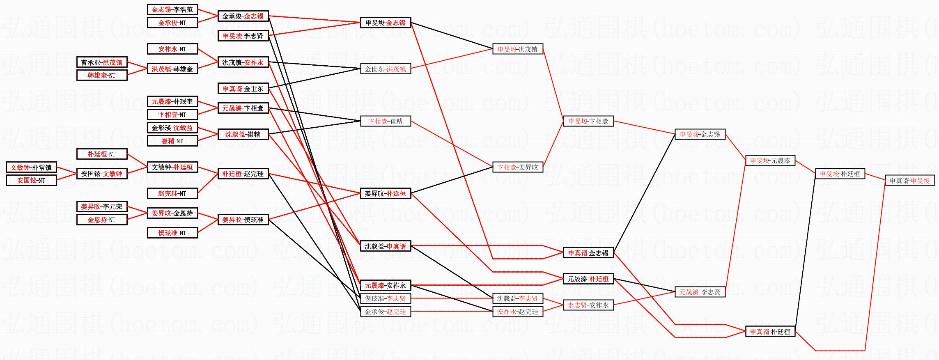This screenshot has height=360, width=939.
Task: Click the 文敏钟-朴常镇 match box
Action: pyautogui.click(x=31, y=167)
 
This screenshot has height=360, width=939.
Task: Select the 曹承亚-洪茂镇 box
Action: pyautogui.click(x=102, y=62)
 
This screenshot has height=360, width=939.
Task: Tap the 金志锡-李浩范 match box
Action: pyautogui.click(x=172, y=9)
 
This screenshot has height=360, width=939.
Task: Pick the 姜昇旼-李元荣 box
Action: pyautogui.click(x=102, y=206)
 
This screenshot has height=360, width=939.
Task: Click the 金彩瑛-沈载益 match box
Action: pyautogui.click(x=172, y=128)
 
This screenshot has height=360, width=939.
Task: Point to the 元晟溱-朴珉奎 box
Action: pyautogui.click(x=172, y=101)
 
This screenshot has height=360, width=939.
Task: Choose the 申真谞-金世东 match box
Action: pyautogui.click(x=243, y=88)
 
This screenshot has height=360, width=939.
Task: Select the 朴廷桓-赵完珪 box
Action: pyautogui.click(x=243, y=174)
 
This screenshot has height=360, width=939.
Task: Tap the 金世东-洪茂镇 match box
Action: pyautogui.click(x=385, y=69)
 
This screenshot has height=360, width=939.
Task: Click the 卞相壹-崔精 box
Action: pyautogui.click(x=385, y=121)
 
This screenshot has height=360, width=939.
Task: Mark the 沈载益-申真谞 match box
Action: pyautogui.click(x=385, y=246)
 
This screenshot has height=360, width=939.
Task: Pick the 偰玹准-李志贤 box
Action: pyautogui.click(x=385, y=298)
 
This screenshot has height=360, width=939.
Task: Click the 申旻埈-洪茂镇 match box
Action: pyautogui.click(x=517, y=49)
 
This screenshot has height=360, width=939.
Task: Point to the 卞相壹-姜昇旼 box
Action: pyautogui.click(x=517, y=167)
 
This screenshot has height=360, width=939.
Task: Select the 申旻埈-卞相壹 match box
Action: pyautogui.click(x=588, y=121)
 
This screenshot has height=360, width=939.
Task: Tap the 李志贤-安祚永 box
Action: pyautogui.click(x=588, y=305)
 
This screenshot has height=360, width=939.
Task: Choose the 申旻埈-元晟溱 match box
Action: pyautogui.click(x=770, y=161)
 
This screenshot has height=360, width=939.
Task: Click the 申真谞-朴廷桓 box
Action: pyautogui.click(x=770, y=332)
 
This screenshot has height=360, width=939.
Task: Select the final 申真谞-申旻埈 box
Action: pyautogui.click(x=909, y=180)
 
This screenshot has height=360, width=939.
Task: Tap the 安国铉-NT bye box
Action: pyautogui.click(x=31, y=180)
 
